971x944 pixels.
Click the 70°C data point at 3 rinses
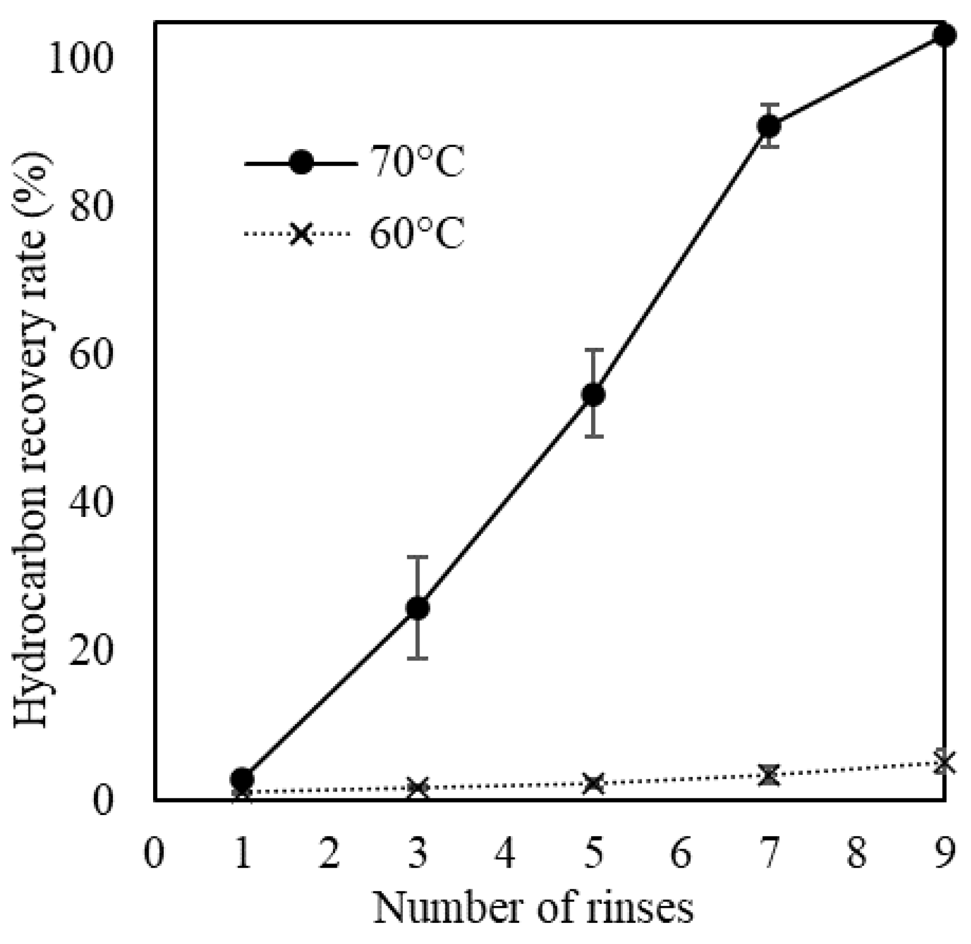pos(418,608)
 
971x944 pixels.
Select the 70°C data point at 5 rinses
pos(593,395)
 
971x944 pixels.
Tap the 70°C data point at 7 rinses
pos(769,126)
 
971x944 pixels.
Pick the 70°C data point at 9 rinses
pos(944,35)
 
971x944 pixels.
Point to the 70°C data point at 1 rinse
pos(242,778)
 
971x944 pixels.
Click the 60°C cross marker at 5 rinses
pos(593,784)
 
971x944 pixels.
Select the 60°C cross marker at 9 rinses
pos(944,762)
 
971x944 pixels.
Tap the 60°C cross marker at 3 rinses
pos(418,788)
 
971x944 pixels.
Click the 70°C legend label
pos(416,162)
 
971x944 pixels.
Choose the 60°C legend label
pos(416,233)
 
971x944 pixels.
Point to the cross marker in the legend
pos(301,233)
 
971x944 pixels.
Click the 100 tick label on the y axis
pos(81,59)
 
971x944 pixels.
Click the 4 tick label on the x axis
pos(505,855)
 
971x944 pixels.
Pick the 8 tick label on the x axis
pos(856,855)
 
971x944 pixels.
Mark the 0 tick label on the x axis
pos(154,855)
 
